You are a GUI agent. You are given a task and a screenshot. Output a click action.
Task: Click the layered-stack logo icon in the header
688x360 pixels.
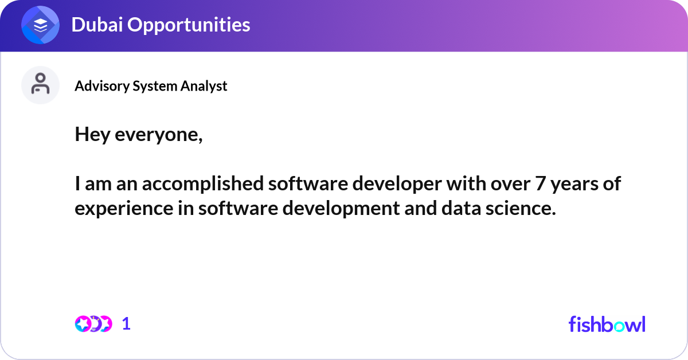[x=41, y=25]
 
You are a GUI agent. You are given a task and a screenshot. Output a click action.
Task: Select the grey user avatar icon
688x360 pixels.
[x=40, y=85]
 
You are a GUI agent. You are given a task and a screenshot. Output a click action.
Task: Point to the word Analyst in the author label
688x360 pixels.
[x=204, y=86]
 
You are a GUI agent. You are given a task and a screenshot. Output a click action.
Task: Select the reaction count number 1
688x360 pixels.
[x=126, y=324]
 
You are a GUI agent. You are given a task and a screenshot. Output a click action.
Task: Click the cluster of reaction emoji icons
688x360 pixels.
[x=93, y=324]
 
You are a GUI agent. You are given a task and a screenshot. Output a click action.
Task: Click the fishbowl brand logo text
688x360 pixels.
[x=607, y=324]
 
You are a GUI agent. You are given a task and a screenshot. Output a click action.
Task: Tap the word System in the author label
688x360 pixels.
[x=157, y=86]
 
